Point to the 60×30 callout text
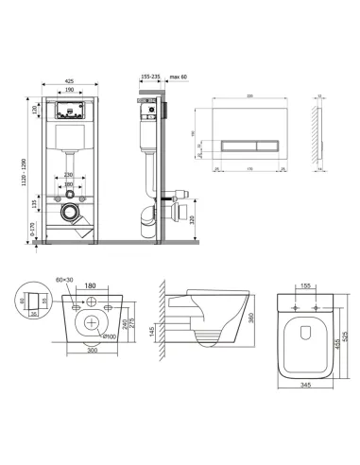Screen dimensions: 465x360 point(66,281)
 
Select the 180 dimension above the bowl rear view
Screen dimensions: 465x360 point(92,285)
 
